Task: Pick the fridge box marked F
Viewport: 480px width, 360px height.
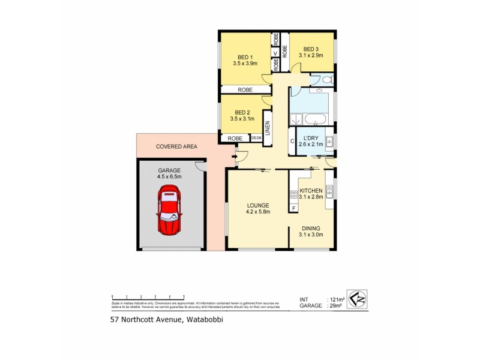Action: [x=293, y=208]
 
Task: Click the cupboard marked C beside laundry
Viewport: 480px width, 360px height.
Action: [x=292, y=142]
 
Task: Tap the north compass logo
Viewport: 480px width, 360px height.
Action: [x=357, y=299]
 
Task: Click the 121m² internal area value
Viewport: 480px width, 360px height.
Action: [x=336, y=299]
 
